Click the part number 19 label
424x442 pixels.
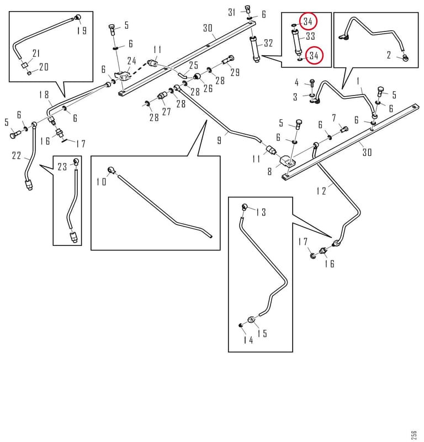[x=82, y=31]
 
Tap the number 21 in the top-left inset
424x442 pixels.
[x=36, y=53]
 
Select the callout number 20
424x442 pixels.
[x=44, y=67]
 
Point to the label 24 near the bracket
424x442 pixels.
[x=131, y=61]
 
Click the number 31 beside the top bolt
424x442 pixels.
[x=231, y=12]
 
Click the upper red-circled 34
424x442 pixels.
[x=308, y=22]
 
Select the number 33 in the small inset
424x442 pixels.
[x=310, y=36]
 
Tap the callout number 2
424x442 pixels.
[x=389, y=55]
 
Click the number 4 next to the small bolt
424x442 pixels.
[x=296, y=82]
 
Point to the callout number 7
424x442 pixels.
[x=334, y=118]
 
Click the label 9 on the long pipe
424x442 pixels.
[x=220, y=140]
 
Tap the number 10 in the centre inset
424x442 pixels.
[x=102, y=182]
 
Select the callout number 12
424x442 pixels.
[x=321, y=191]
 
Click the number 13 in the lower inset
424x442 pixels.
[x=261, y=212]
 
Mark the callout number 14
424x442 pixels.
[x=248, y=340]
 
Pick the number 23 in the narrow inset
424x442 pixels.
[x=62, y=167]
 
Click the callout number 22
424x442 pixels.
[x=17, y=156]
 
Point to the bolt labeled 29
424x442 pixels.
[x=228, y=60]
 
